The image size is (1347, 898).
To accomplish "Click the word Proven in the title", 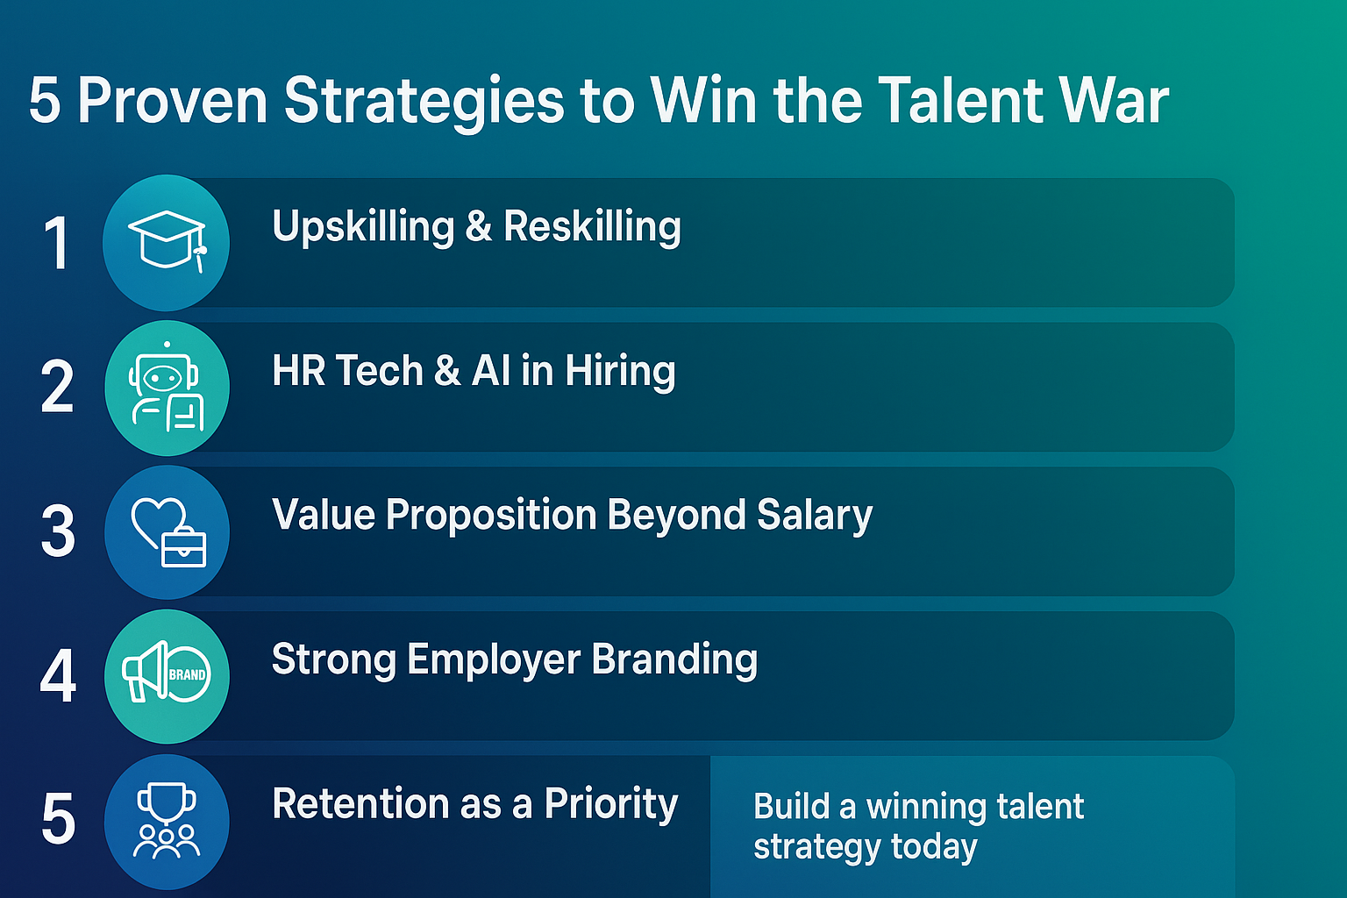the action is tap(173, 101).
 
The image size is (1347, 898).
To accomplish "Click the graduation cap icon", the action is tap(167, 241).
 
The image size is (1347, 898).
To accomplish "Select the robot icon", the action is tap(167, 387).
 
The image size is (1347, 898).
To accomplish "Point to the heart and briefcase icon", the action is tap(169, 532).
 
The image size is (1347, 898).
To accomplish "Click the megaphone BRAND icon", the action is tap(167, 672).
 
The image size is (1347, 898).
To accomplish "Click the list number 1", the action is tap(57, 243).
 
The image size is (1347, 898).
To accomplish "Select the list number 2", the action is tap(57, 386).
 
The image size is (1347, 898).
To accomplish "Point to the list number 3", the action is tap(58, 531).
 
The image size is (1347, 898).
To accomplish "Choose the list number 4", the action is tap(58, 675).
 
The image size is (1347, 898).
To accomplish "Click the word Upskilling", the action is tap(363, 227).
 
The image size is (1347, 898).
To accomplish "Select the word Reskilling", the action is tap(592, 227).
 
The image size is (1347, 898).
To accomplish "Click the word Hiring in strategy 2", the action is tap(620, 371).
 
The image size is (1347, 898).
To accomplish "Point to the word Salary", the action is tap(814, 516).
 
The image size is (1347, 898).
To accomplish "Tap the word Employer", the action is tap(494, 660).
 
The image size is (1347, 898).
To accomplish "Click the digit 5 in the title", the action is tap(45, 101).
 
